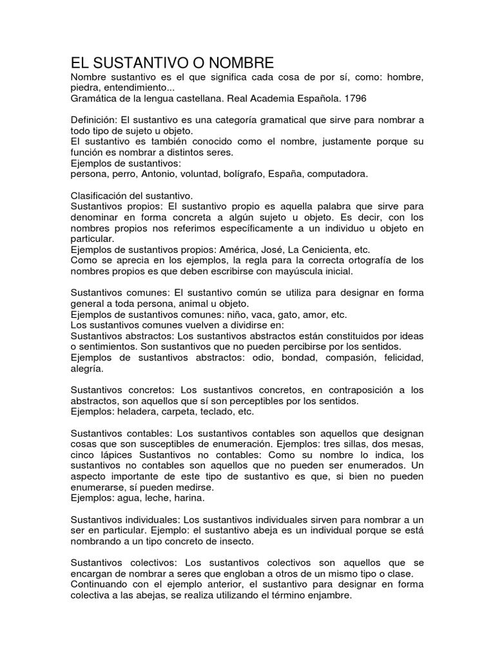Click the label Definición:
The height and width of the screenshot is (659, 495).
tap(95, 120)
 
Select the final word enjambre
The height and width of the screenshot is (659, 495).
tap(329, 596)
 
